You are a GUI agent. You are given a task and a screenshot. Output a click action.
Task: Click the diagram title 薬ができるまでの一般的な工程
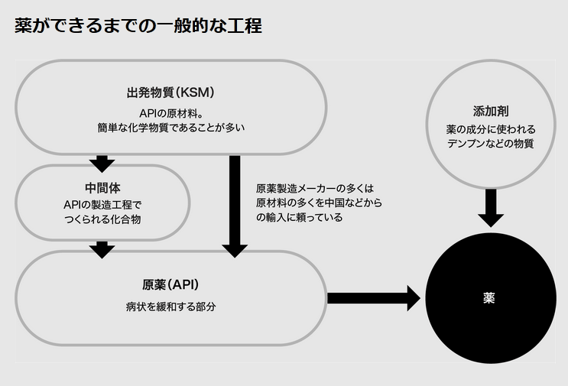138,26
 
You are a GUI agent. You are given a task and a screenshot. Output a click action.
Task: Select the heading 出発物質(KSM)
170,92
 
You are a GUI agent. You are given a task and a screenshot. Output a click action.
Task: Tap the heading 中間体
102,187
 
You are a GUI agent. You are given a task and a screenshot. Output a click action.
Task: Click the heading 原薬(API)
170,285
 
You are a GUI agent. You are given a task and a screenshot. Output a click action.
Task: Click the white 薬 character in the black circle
489,297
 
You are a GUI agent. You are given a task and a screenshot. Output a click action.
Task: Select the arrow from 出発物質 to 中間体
102,163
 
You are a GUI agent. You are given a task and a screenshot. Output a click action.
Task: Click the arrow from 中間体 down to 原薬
102,249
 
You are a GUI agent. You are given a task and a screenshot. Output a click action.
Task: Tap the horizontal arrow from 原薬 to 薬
373,297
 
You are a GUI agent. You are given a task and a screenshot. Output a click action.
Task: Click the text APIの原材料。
170,112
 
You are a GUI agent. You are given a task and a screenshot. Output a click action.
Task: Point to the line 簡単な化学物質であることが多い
170,127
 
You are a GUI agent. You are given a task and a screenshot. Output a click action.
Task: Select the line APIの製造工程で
102,204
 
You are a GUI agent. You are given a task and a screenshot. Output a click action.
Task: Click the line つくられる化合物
102,219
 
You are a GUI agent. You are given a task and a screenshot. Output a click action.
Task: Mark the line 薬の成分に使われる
490,129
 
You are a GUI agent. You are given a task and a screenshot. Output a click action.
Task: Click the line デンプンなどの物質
490,144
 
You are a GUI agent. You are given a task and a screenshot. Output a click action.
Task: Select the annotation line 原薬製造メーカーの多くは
314,188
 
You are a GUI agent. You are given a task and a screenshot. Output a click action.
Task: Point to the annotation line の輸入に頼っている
299,217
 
